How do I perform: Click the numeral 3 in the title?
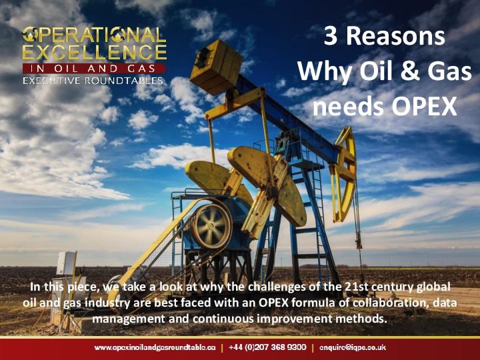tap(331, 37)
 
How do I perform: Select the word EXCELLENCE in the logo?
tap(94, 52)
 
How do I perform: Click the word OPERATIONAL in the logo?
tap(94, 35)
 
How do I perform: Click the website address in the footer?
tap(155, 347)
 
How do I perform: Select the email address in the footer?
tap(353, 347)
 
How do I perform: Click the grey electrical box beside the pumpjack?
tap(67, 264)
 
